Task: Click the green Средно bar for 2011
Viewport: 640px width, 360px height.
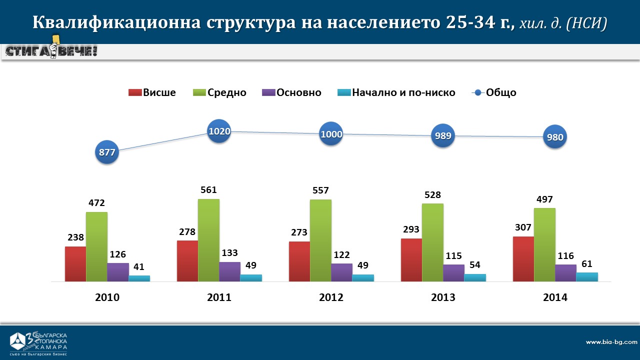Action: [x=208, y=240]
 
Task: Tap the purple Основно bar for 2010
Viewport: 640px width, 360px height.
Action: [x=118, y=272]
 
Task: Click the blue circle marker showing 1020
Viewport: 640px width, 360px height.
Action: [x=219, y=131]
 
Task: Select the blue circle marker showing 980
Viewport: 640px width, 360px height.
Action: [x=555, y=138]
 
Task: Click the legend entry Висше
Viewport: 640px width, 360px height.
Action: [x=152, y=92]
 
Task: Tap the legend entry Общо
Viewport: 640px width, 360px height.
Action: [x=494, y=92]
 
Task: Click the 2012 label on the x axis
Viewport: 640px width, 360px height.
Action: [x=331, y=297]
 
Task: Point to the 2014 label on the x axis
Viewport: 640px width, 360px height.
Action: [x=555, y=297]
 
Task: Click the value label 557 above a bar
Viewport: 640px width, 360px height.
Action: [x=320, y=190]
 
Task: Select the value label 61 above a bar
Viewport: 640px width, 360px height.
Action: [x=587, y=263]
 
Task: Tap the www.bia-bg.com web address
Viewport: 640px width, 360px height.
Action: [x=611, y=342]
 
